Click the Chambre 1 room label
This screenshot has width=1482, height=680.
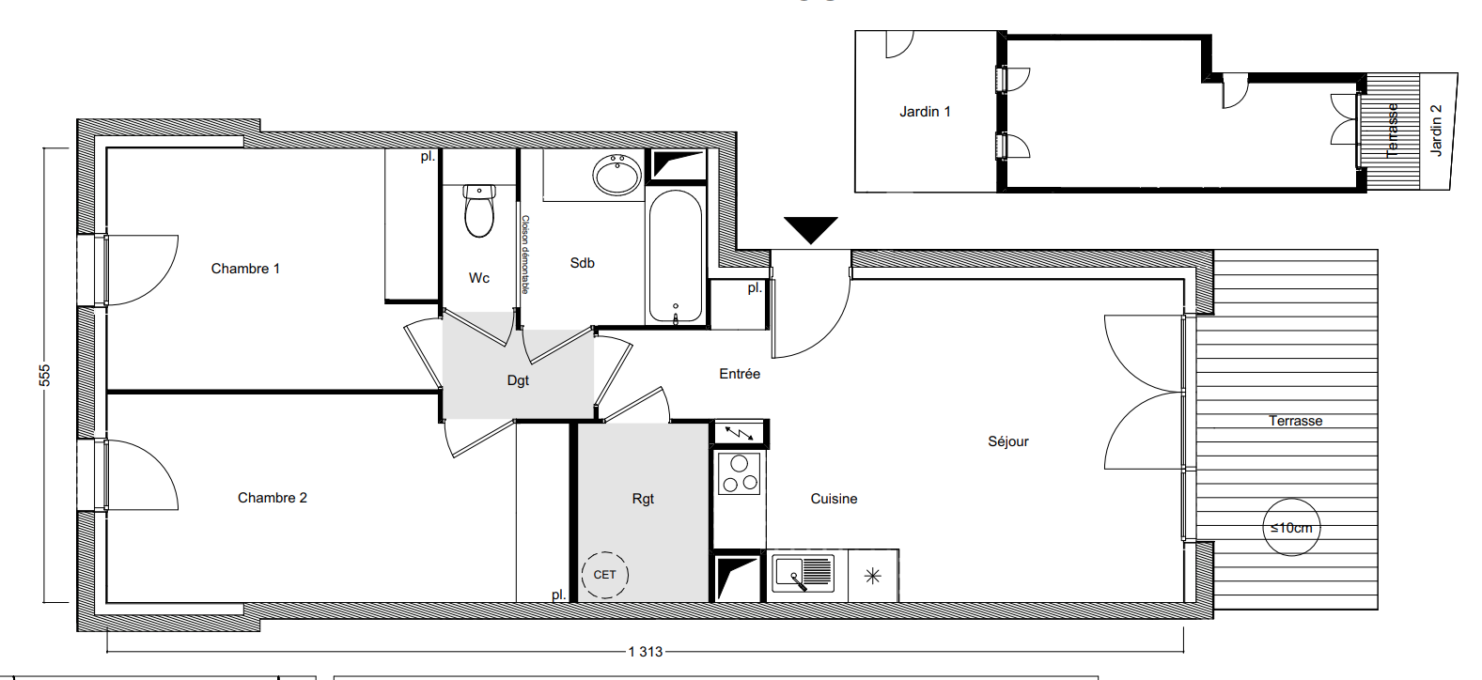245,269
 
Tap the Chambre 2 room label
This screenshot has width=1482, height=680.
273,498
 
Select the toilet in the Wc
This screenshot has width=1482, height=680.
479,211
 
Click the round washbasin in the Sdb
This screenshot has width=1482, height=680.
617,174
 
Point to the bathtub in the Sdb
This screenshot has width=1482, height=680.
676,257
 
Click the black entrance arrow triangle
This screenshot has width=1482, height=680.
811,230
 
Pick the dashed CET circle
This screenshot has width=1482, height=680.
604,575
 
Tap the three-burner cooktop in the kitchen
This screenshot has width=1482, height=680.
740,473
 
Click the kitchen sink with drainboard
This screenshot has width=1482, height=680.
803,573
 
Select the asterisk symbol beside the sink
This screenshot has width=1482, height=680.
873,576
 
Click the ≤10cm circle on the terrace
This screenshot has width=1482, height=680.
1291,527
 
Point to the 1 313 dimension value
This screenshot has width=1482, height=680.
646,652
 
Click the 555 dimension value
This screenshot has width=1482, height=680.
44,375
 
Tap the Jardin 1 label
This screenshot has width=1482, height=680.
925,112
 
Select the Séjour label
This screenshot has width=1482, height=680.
1008,441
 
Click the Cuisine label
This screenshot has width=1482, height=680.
834,499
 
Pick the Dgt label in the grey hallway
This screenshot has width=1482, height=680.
518,380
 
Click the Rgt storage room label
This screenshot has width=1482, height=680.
643,499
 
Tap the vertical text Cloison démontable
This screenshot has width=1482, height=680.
525,254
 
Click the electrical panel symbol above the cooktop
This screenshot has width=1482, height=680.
740,433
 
